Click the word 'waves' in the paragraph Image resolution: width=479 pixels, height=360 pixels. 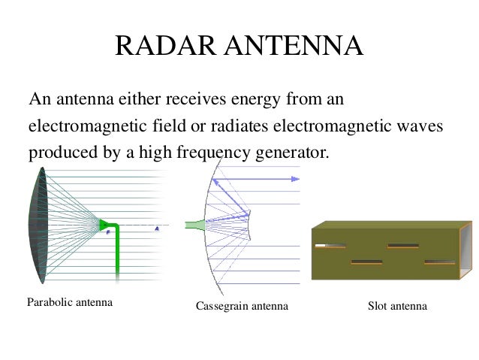(417, 126)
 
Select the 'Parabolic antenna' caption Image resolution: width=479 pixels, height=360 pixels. (70, 303)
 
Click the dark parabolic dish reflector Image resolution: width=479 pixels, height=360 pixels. (38, 225)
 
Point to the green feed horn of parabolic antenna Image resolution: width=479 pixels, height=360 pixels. (105, 224)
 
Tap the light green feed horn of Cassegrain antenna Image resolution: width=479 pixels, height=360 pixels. (194, 223)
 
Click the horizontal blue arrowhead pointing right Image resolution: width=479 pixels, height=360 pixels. (296, 179)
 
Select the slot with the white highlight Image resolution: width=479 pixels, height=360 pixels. (330, 245)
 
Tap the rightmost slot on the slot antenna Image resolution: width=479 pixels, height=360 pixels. (438, 262)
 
